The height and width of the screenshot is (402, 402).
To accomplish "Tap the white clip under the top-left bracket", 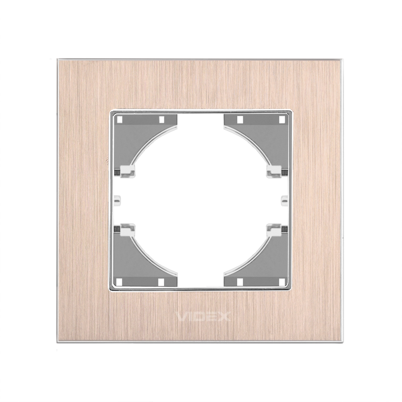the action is pos(127,171).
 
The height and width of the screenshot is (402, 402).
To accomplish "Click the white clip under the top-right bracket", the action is pos(274,171).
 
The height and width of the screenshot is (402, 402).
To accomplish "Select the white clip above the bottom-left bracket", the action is pos(127,230).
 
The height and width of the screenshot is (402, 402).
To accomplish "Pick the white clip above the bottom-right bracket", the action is pos(274,230).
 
